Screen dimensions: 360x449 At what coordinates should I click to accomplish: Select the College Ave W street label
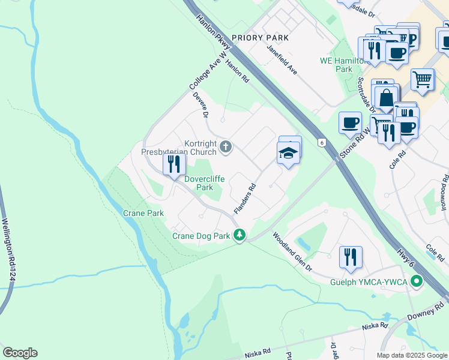209,71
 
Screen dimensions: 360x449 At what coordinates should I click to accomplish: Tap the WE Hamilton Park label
343,65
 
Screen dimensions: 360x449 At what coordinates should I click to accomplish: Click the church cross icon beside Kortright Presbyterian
226,146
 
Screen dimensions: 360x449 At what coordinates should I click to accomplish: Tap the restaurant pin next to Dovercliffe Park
173,164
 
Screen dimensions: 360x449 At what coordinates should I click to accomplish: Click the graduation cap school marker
289,154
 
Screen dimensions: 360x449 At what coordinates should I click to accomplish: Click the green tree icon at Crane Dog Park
240,235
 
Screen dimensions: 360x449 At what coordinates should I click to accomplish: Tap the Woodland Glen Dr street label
293,252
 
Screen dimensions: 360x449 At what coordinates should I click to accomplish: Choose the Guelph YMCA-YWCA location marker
415,281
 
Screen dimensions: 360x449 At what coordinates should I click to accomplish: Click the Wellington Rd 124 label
8,249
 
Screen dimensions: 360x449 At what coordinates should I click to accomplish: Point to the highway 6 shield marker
322,142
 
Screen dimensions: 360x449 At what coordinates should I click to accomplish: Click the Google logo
20,353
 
